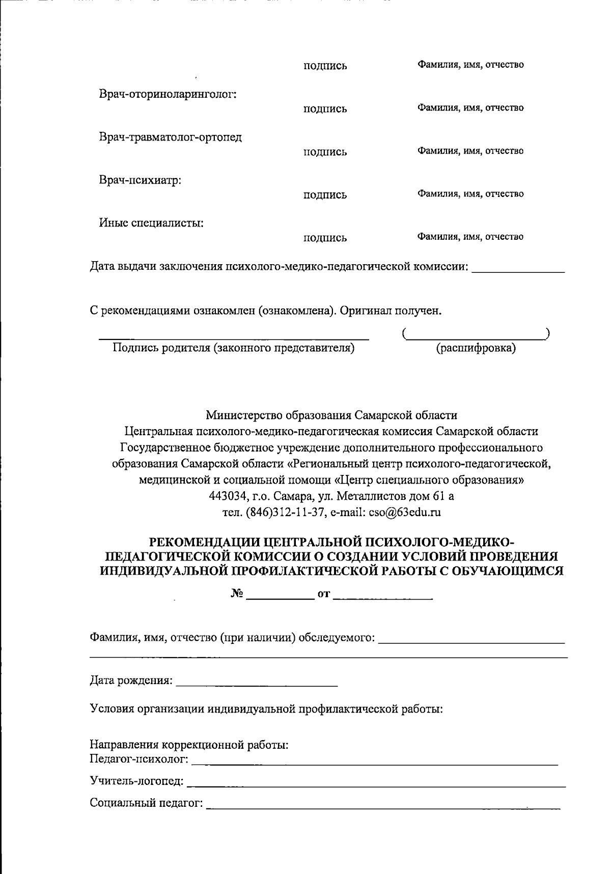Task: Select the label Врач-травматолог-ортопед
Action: (x=170, y=137)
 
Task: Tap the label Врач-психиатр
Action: (x=141, y=180)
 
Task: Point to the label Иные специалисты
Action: (x=151, y=223)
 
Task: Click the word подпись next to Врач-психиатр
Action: (x=325, y=195)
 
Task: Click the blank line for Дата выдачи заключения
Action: (x=518, y=270)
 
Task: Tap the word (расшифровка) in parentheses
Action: (x=476, y=349)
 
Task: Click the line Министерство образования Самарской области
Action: (x=331, y=415)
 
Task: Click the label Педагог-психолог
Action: (x=139, y=760)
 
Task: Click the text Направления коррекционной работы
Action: (x=189, y=746)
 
